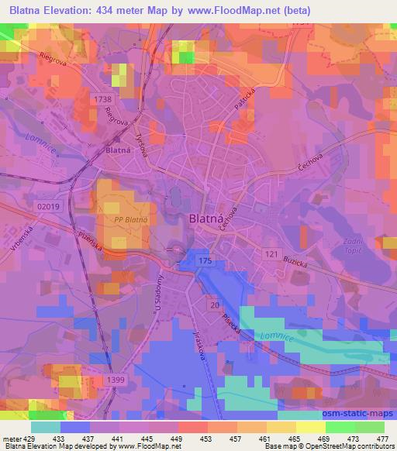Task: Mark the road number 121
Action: pos(270,253)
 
